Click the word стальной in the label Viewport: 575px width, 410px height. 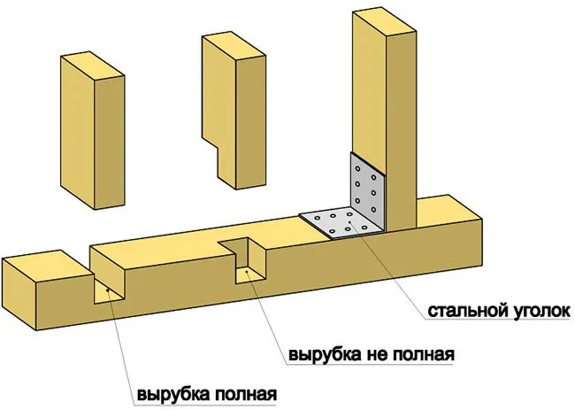pyautogui.click(x=467, y=311)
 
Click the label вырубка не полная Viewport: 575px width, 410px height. pyautogui.click(x=372, y=355)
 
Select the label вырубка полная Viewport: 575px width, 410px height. pyautogui.click(x=207, y=395)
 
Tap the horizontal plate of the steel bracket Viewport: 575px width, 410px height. pyautogui.click(x=341, y=223)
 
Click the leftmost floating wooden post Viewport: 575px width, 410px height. pyautogui.click(x=92, y=130)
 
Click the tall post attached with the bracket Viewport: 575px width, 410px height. pyautogui.click(x=384, y=118)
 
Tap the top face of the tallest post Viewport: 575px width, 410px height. pyautogui.click(x=384, y=22)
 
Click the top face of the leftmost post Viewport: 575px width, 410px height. pyautogui.click(x=92, y=66)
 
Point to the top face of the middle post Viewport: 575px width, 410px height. pyautogui.click(x=234, y=46)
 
